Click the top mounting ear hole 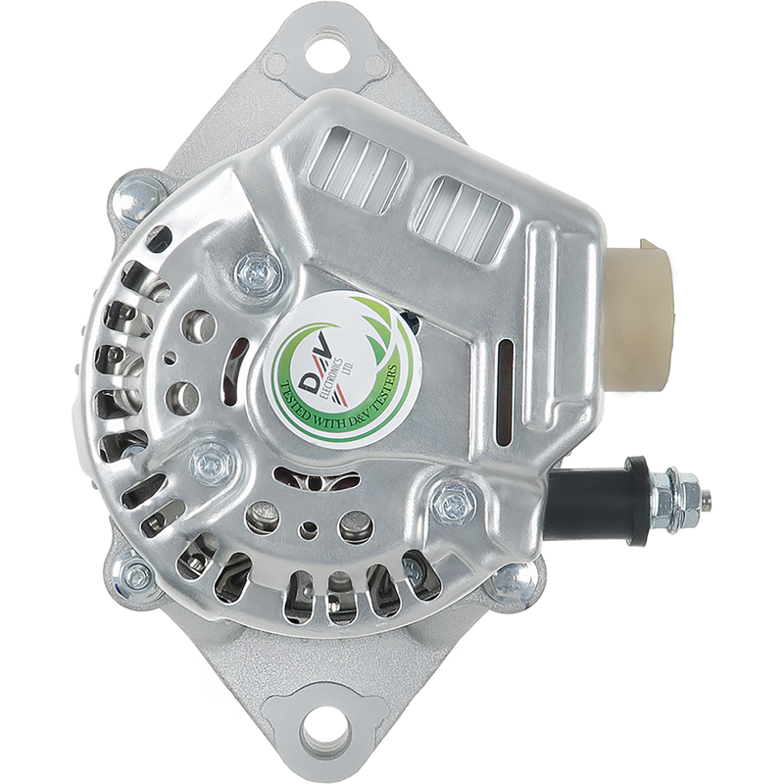click(x=329, y=49)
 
